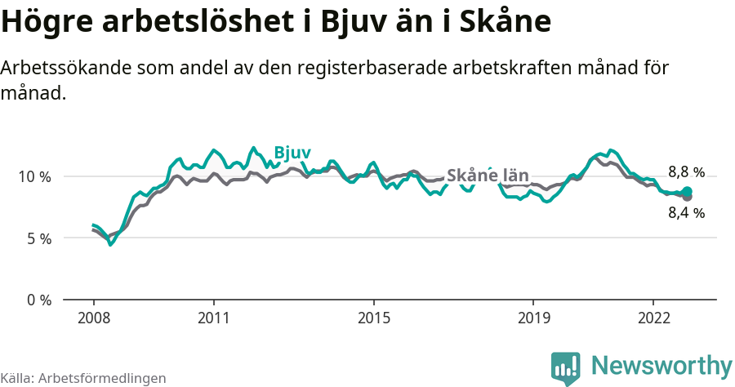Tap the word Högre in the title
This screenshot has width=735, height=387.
click(x=48, y=23)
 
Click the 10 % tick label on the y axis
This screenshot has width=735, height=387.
click(x=34, y=176)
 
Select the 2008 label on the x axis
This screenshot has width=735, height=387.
click(x=94, y=317)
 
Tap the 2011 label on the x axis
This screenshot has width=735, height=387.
click(x=213, y=317)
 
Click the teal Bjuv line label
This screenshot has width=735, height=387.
click(x=292, y=153)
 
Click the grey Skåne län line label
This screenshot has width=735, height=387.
click(x=488, y=176)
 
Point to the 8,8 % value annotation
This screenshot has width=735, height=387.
click(x=686, y=172)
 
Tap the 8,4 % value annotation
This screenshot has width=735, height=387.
click(x=686, y=213)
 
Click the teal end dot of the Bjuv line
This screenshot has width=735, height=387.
click(x=687, y=191)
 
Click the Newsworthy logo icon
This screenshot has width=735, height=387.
click(x=566, y=368)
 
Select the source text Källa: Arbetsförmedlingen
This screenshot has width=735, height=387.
click(x=83, y=378)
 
